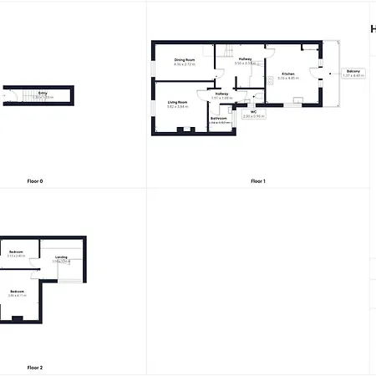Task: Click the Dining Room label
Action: pos(185,60)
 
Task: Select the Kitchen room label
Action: pos(288,74)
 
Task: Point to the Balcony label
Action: pos(353,72)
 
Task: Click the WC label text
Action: pos(252,111)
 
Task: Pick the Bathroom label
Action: pos(219,118)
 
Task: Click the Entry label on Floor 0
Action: pos(43,93)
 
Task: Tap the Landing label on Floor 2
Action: pos(61,257)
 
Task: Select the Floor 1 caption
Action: pos(257,180)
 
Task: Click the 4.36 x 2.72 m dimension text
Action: pos(185,64)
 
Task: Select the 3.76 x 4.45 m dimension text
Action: pos(288,79)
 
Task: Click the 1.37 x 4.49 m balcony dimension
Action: pos(353,76)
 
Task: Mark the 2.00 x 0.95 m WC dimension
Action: pos(252,116)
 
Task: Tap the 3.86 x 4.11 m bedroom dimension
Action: pos(17,296)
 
